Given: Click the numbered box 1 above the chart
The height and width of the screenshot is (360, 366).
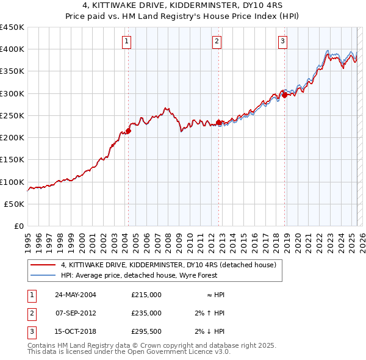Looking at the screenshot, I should coord(126,41).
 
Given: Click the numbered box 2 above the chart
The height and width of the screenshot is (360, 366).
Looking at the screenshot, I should coord(217,41).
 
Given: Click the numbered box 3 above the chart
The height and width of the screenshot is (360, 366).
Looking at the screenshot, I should coord(283,41).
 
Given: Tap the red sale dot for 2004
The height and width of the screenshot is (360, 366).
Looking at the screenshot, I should coord(129,131).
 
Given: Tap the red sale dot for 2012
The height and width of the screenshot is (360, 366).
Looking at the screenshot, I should coord(219,122).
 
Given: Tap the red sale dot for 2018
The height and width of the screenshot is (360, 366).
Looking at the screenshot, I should coord(285,95).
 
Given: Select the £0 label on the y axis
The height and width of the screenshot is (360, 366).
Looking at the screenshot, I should coord(18,226).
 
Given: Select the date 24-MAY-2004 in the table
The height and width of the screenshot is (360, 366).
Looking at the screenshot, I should coord(76,295).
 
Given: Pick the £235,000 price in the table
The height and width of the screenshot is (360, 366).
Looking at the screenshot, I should coord(146,313).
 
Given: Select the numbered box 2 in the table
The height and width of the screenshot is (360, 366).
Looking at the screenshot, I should coord(31,313).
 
